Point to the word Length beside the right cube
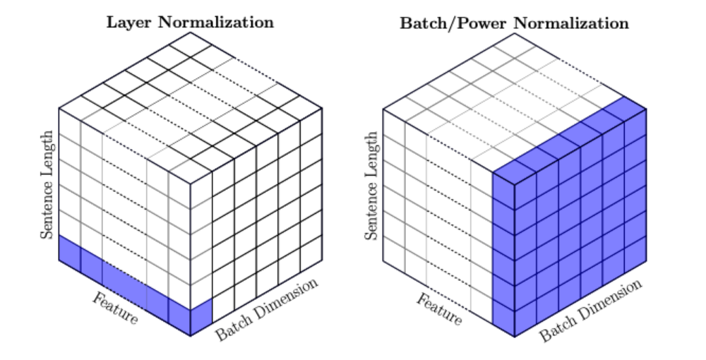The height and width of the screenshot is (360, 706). point(371,152)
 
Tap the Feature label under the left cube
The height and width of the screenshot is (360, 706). point(114,308)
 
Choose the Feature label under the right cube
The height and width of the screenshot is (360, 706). point(438,309)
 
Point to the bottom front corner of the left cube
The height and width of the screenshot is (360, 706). point(191,336)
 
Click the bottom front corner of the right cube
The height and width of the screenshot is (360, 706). point(515,336)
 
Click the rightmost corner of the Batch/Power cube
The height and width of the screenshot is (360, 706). point(647,108)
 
